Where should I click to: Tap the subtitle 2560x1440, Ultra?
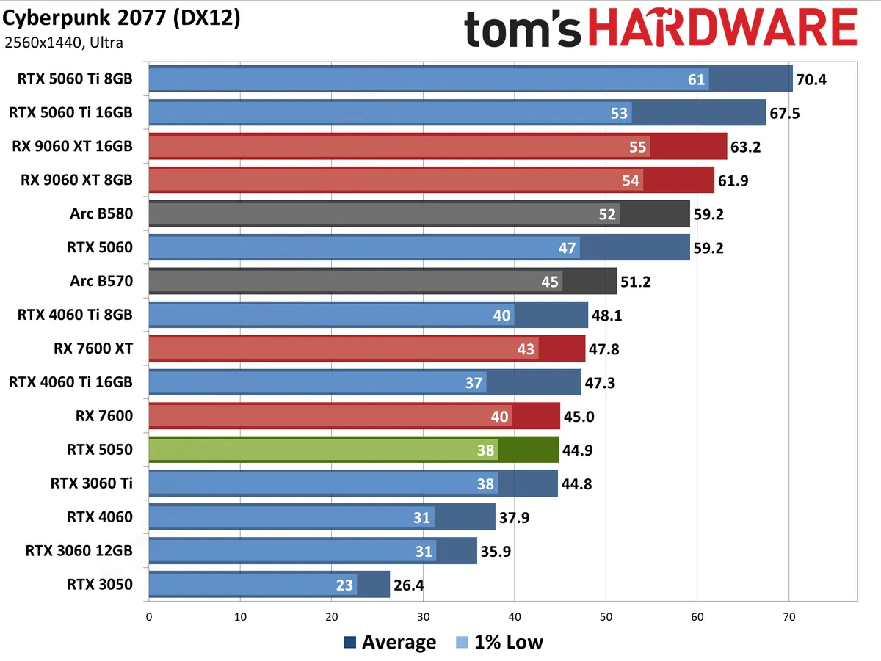(63, 43)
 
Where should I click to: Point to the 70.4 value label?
(811, 79)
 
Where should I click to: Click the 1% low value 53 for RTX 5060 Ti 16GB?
(619, 113)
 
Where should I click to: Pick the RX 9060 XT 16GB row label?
(72, 146)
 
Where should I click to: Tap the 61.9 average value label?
(733, 180)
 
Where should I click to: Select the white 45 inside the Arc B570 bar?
(550, 282)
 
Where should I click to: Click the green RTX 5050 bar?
(352, 450)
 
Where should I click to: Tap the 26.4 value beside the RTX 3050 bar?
(408, 585)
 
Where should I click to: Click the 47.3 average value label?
(601, 383)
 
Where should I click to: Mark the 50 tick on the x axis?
(606, 616)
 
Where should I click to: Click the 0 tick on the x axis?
(149, 616)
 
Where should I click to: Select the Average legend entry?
(389, 643)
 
